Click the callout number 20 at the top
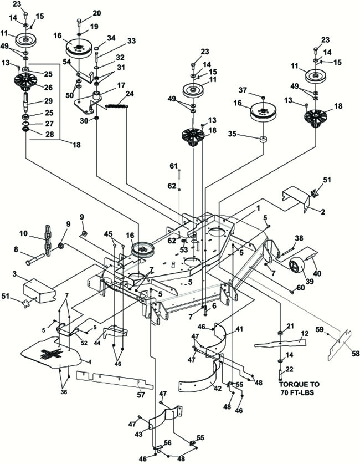coord(97,12)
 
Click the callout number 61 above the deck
coord(173,166)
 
